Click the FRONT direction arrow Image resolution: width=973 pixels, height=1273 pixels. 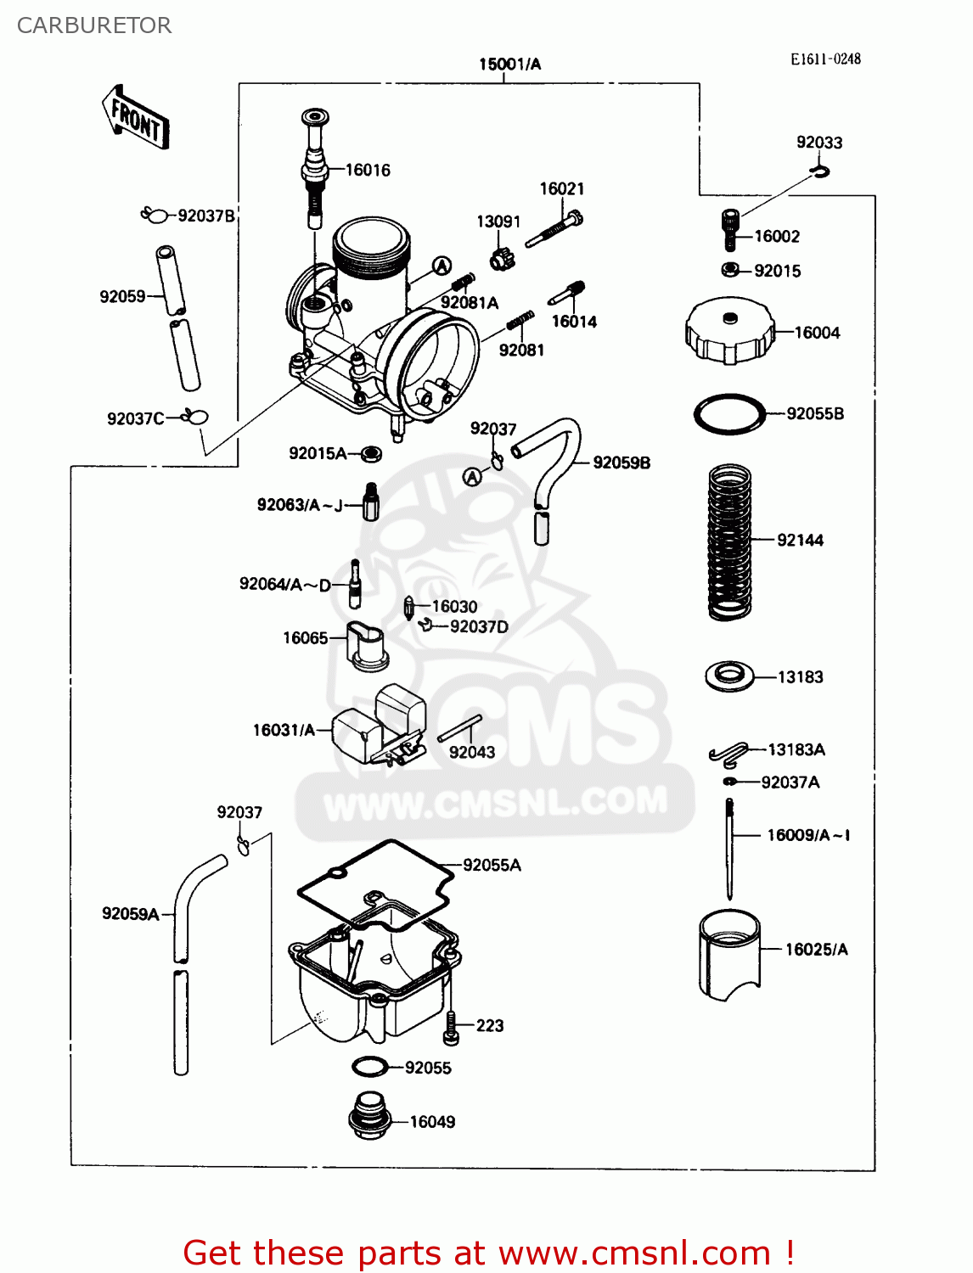coord(135,117)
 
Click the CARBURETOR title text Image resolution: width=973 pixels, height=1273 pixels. coord(94,25)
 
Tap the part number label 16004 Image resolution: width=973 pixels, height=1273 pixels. coord(817,333)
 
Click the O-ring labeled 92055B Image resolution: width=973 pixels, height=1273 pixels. coord(729,415)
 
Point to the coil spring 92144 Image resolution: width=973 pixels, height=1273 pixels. coord(729,541)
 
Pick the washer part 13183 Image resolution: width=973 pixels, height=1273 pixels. coord(729,676)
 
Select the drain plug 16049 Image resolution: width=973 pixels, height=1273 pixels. coord(369,1116)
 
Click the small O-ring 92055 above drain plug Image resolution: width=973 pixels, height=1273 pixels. coord(369,1066)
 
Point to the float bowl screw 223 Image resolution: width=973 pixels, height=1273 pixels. coord(451,1028)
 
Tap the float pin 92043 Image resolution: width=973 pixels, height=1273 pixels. coord(459,728)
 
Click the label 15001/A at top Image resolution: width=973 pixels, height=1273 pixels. coord(509,64)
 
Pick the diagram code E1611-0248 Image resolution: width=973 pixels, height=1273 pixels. coord(825,59)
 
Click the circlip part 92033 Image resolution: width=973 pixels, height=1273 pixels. coord(819,172)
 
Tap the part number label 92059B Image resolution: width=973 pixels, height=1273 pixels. coord(621,463)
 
